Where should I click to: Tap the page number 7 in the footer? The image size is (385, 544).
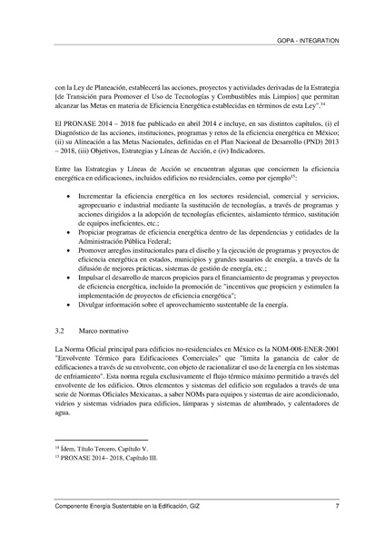click(x=337, y=505)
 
